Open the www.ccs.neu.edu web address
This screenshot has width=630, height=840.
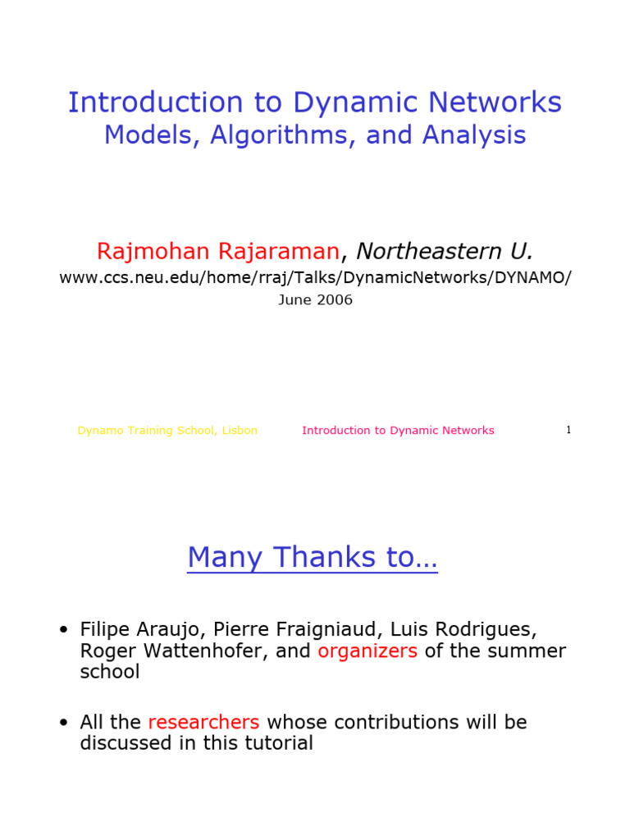point(315,277)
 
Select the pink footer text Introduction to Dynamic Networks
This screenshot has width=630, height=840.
point(398,431)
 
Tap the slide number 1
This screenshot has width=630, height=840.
point(568,431)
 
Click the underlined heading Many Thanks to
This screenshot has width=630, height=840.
point(312,558)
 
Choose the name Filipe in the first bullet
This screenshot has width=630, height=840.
point(106,630)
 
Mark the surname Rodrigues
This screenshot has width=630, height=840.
point(487,630)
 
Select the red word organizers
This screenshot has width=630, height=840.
point(367,651)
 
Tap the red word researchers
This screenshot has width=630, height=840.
point(203,723)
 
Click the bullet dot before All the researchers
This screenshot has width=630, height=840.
point(63,723)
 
